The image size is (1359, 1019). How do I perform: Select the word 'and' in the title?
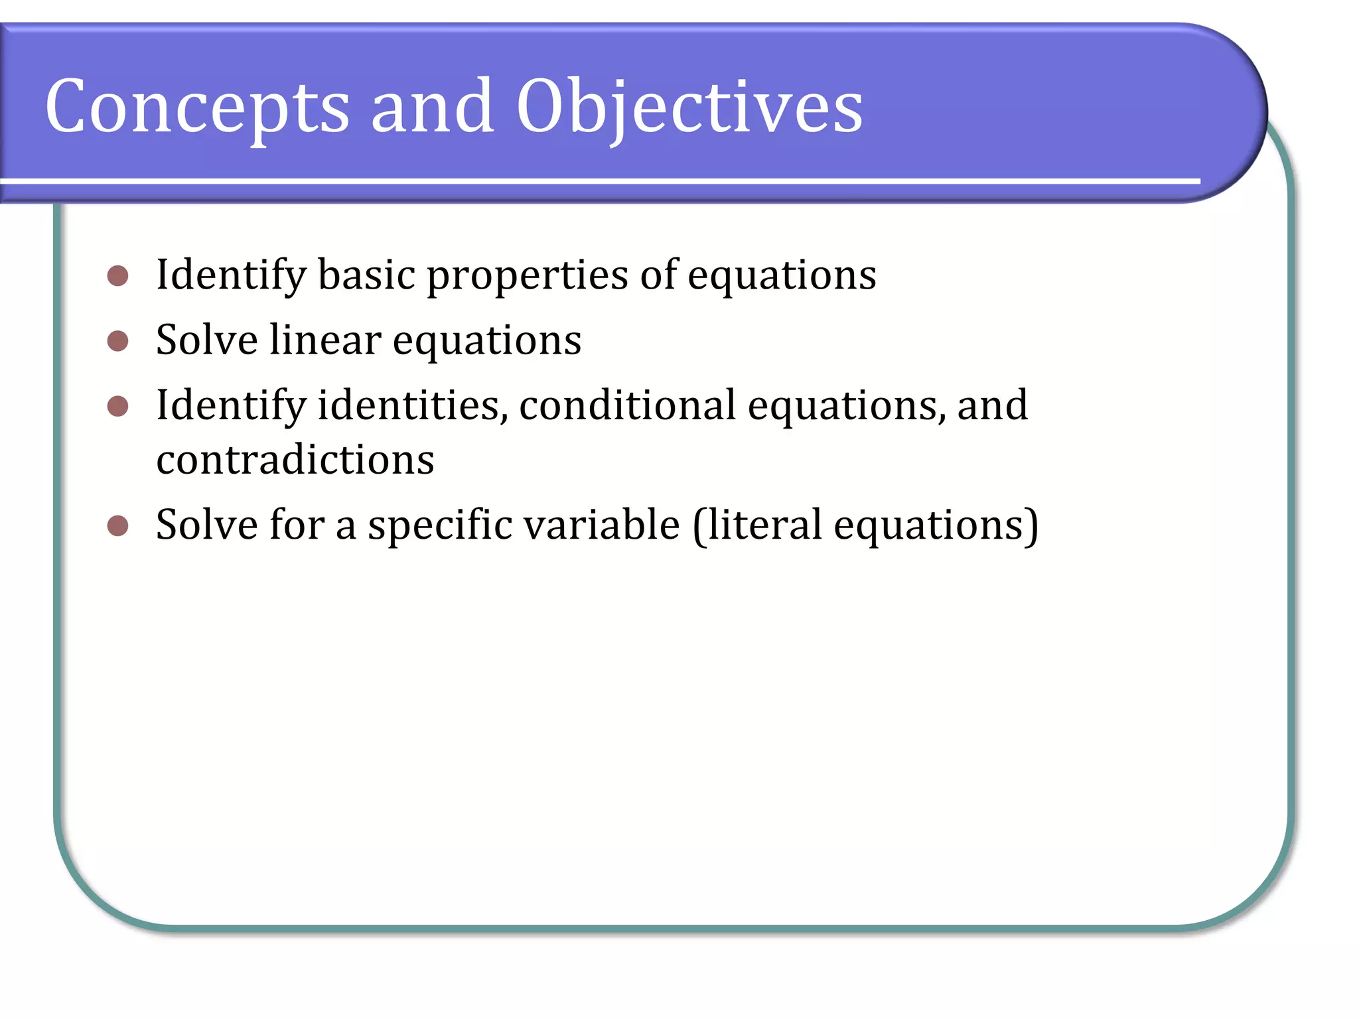(432, 106)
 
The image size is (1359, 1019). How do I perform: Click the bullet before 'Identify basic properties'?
(117, 275)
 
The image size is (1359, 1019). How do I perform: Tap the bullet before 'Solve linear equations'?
(117, 341)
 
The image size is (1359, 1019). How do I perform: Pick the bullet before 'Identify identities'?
(117, 406)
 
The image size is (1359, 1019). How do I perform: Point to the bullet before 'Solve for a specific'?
(117, 525)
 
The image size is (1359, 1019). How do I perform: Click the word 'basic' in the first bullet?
(366, 275)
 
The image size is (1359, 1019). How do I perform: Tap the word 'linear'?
(325, 340)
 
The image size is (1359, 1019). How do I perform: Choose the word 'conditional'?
(627, 405)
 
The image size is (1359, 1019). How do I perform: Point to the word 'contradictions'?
(295, 460)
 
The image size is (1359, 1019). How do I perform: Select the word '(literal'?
(758, 525)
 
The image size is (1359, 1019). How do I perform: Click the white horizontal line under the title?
(597, 181)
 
